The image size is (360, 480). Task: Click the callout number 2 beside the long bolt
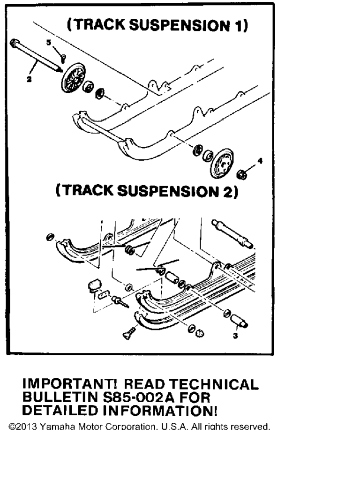(29, 79)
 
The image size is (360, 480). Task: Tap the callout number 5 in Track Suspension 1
(49, 42)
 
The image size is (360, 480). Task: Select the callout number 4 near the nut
(260, 160)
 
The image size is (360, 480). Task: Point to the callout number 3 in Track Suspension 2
(235, 336)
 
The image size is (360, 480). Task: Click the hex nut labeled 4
(242, 174)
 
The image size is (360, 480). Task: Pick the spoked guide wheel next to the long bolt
(73, 78)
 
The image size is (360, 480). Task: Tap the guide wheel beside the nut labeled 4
(222, 164)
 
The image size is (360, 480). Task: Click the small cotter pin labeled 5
(63, 58)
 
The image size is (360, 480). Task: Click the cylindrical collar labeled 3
(239, 321)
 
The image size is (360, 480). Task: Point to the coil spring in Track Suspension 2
(129, 250)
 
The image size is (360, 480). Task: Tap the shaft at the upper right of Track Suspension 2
(232, 234)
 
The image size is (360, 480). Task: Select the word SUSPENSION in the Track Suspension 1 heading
(180, 25)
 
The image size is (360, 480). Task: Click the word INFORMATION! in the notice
(160, 411)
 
